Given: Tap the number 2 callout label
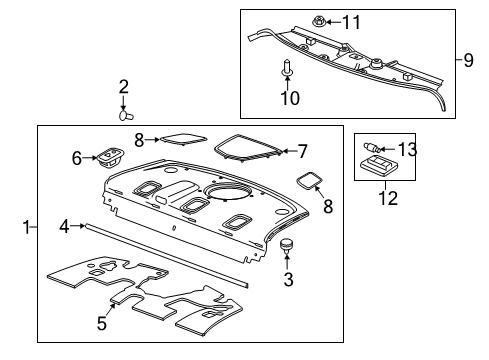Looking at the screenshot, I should [x=124, y=87].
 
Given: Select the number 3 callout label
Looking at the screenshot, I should [x=288, y=280].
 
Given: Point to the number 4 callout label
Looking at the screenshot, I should [x=64, y=227].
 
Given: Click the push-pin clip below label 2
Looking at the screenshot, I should [x=125, y=114].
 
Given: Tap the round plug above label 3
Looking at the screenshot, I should [x=288, y=245].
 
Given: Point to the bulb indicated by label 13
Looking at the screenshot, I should [x=370, y=150].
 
